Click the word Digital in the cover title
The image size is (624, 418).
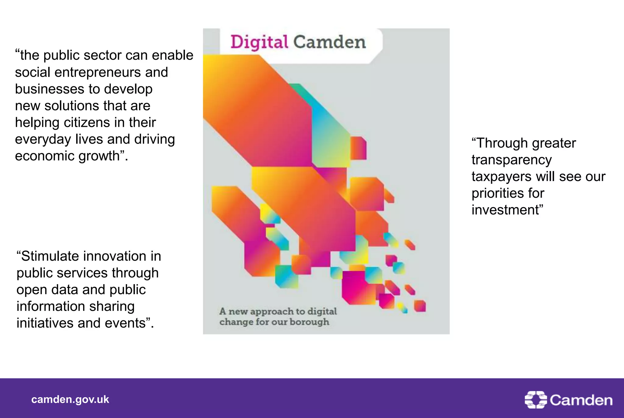259,42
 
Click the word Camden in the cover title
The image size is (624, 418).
329,42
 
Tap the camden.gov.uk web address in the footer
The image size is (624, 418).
70,399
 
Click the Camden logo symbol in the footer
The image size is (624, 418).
536,399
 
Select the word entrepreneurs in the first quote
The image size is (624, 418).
97,72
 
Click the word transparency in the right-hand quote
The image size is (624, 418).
512,160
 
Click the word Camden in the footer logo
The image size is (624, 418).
581,400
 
